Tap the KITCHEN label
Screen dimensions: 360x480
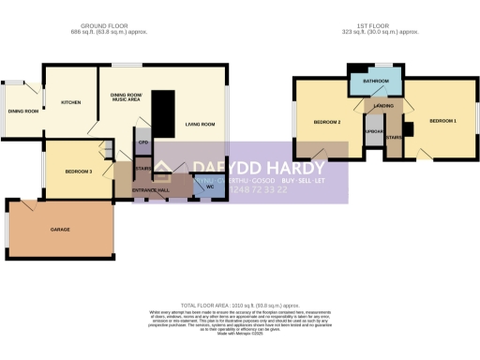71,102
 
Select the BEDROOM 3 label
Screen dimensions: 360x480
78,172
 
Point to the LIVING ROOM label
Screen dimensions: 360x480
200,125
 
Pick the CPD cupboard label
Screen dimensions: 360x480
142,143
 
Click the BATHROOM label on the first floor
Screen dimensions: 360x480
377,82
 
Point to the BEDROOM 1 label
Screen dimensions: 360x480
442,122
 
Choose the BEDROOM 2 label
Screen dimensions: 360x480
326,123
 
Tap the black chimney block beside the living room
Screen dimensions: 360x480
163,112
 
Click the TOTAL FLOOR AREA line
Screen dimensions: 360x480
241,306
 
